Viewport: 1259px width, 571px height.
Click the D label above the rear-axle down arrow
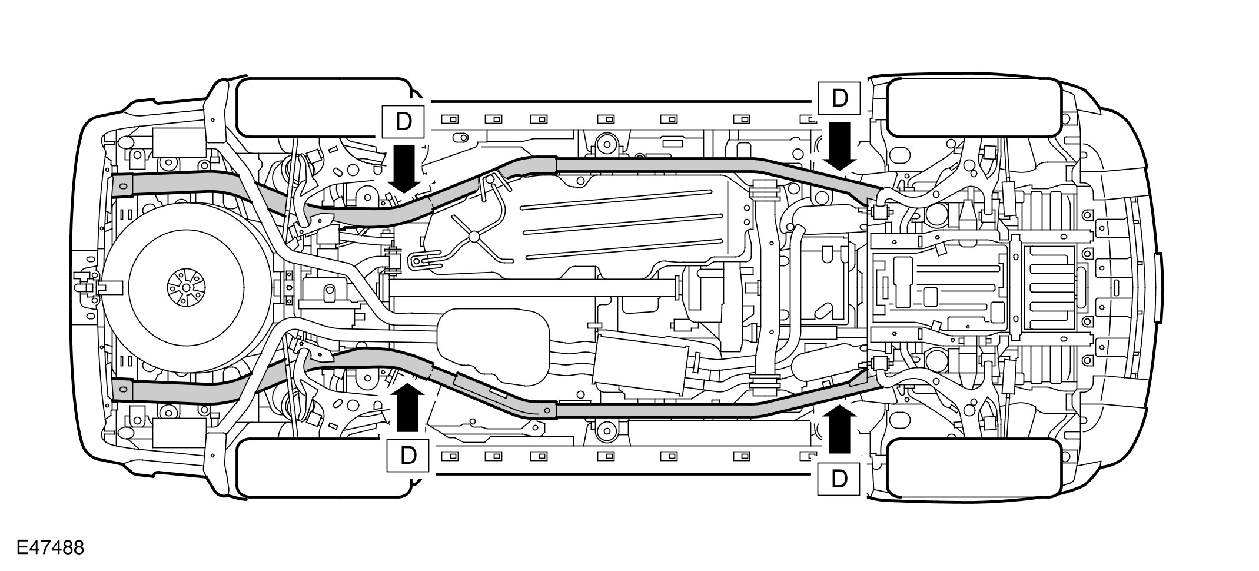403,122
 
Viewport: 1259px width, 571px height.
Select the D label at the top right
839,98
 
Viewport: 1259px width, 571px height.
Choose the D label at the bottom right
839,479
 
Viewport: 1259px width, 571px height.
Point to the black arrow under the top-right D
839,145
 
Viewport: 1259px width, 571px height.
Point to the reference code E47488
51,547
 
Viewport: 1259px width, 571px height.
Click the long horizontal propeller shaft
530,288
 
